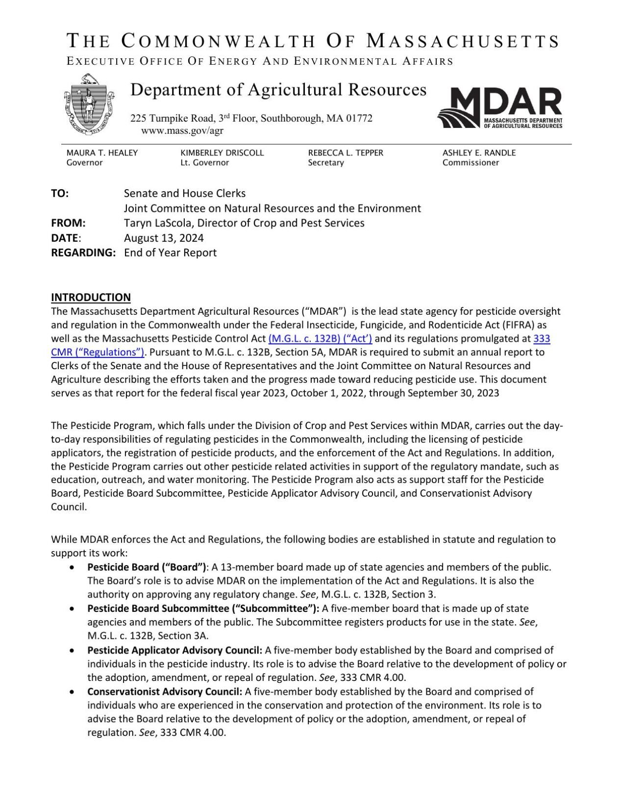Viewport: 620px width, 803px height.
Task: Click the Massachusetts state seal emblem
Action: [88, 104]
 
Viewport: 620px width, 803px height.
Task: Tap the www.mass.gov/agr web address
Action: [182, 131]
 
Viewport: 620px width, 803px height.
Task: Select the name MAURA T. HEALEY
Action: [102, 153]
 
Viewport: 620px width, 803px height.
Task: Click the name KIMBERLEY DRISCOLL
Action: [222, 153]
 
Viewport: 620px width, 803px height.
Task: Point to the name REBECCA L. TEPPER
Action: [346, 153]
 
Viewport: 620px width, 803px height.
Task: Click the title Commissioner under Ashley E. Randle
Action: [471, 163]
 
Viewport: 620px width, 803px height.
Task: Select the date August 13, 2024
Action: [164, 238]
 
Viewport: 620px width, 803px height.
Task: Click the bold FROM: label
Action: [68, 223]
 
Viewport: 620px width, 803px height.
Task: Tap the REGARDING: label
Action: [83, 253]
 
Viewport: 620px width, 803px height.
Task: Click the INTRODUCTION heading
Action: [91, 298]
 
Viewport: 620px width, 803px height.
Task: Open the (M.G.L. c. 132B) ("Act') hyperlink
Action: [321, 339]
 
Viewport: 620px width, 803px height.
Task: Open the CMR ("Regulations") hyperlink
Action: [98, 352]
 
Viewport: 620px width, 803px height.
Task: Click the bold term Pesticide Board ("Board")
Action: [147, 568]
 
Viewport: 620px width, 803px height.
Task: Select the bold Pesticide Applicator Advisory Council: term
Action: [174, 651]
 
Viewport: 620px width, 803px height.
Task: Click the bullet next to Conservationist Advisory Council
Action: [73, 692]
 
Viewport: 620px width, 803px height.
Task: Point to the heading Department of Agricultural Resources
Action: [278, 90]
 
